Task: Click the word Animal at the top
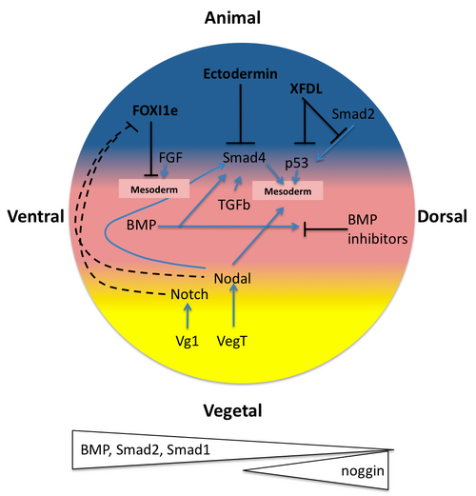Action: (232, 18)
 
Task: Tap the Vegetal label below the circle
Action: (232, 411)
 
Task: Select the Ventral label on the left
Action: (36, 216)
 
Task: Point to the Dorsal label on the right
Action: (442, 217)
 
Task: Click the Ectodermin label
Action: (240, 74)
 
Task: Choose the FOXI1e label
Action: (155, 110)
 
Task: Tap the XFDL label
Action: (307, 89)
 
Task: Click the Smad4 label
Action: (244, 158)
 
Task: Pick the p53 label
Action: (297, 164)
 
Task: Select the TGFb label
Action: (234, 205)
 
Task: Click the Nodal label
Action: (232, 279)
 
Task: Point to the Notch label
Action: (189, 294)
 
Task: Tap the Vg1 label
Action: (188, 342)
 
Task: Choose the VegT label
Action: (232, 342)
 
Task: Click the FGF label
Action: (170, 158)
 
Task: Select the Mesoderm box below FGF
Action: (154, 188)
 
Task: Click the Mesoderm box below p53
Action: (288, 190)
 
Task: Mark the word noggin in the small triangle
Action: (363, 471)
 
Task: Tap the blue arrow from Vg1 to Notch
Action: (188, 316)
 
